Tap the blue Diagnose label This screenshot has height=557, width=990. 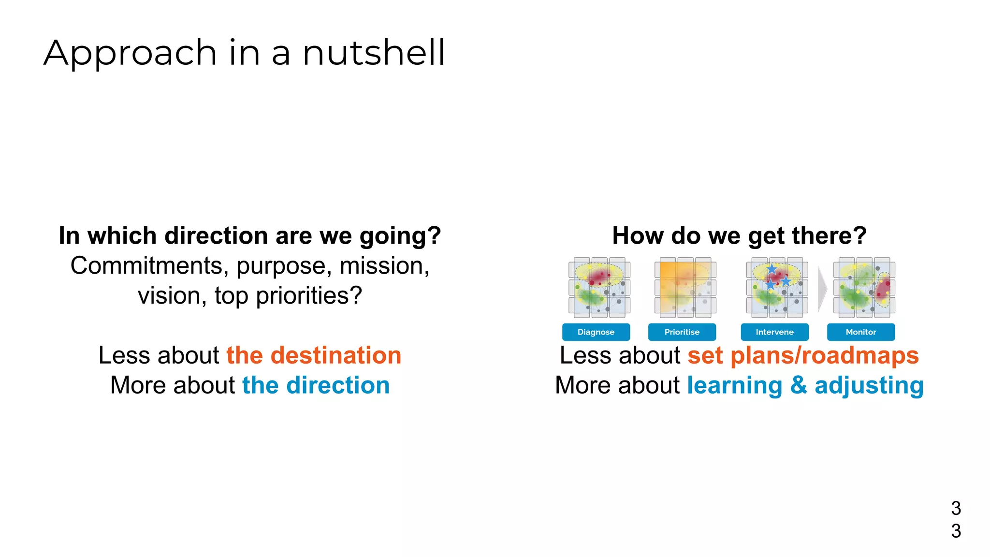click(x=596, y=332)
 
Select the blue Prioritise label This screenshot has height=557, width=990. click(x=682, y=332)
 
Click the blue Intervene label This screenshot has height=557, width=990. click(x=774, y=332)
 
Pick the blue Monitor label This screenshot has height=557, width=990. click(x=860, y=332)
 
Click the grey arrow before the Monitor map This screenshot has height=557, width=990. click(x=822, y=289)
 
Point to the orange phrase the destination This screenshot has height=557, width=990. click(x=314, y=355)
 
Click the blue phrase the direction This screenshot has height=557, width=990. click(x=316, y=385)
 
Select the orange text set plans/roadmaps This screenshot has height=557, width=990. click(x=802, y=355)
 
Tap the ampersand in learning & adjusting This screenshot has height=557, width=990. click(x=799, y=385)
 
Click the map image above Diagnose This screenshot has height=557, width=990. click(x=599, y=288)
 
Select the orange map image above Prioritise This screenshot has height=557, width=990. click(x=685, y=288)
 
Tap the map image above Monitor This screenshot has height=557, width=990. click(x=864, y=288)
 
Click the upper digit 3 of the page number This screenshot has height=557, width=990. click(x=956, y=508)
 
